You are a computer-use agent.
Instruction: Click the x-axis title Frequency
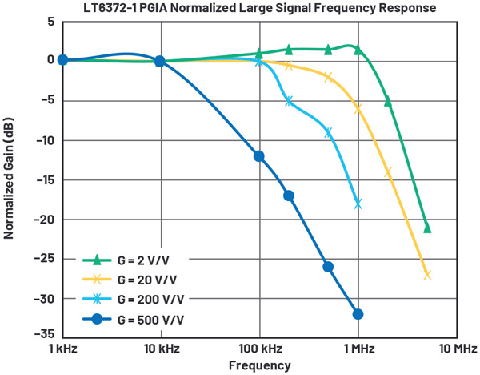coord(259,365)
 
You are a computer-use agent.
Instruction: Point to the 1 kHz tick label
coord(63,349)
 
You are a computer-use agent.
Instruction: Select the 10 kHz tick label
coord(160,349)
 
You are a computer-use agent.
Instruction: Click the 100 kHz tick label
coord(258,349)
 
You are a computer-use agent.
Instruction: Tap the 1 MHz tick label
coord(358,349)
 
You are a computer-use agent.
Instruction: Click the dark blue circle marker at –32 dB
coord(358,314)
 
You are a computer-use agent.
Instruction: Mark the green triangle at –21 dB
coord(427,228)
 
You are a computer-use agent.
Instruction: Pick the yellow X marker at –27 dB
coord(427,275)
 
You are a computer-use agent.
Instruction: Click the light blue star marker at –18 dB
coord(358,204)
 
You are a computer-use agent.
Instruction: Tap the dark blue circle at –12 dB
coord(259,156)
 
